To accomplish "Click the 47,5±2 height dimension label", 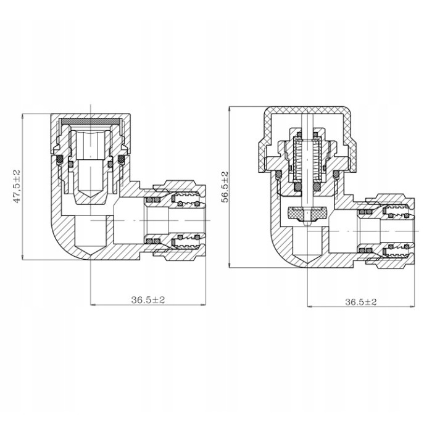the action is pyautogui.click(x=17, y=186).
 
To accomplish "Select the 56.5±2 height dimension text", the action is pyautogui.click(x=225, y=188).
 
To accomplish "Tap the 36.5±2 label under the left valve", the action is pyautogui.click(x=147, y=299).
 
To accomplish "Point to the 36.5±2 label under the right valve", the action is pyautogui.click(x=361, y=302).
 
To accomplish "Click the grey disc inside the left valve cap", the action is pyautogui.click(x=91, y=121).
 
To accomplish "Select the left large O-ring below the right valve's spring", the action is pyautogui.click(x=298, y=187).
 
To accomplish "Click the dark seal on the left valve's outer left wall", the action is pyautogui.click(x=60, y=159).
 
